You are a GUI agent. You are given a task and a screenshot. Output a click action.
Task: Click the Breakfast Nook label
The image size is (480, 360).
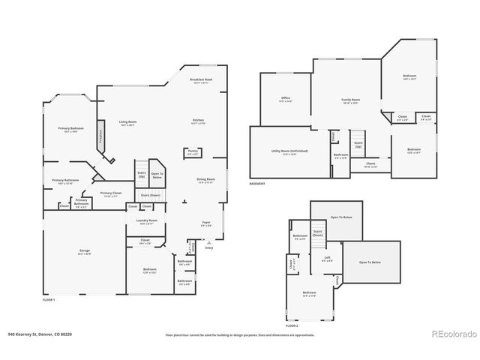(x=199, y=79)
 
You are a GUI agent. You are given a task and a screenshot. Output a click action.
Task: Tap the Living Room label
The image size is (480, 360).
(x=127, y=122)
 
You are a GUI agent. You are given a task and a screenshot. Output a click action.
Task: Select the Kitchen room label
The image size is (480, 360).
(x=199, y=121)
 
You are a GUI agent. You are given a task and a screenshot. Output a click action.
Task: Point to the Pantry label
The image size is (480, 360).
(x=193, y=151)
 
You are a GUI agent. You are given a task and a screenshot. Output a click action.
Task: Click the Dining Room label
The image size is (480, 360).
(x=206, y=180)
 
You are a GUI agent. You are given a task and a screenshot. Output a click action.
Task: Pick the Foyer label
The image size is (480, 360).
(x=206, y=223)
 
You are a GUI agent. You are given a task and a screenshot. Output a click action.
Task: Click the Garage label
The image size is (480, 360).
(x=85, y=251)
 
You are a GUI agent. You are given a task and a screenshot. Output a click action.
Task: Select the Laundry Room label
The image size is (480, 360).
(x=146, y=221)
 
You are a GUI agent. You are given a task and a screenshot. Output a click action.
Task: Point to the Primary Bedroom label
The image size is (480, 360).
(x=72, y=129)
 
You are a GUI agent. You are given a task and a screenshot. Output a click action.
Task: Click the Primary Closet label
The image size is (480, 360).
(x=111, y=193)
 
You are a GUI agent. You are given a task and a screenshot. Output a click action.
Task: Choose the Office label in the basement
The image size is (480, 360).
(x=286, y=98)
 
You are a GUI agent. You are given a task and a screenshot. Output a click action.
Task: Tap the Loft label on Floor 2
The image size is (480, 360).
(x=328, y=258)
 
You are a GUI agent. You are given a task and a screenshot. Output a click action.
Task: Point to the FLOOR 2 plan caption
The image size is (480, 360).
(x=292, y=326)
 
